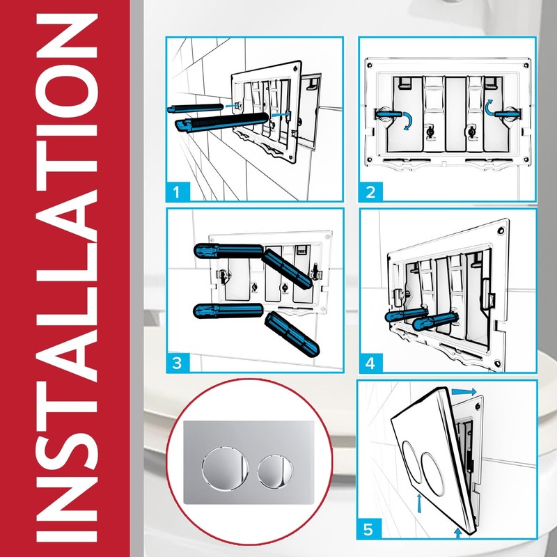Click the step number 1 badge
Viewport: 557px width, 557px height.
click(179, 189)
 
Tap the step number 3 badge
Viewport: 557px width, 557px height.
click(179, 362)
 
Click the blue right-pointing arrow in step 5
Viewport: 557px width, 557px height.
click(464, 393)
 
